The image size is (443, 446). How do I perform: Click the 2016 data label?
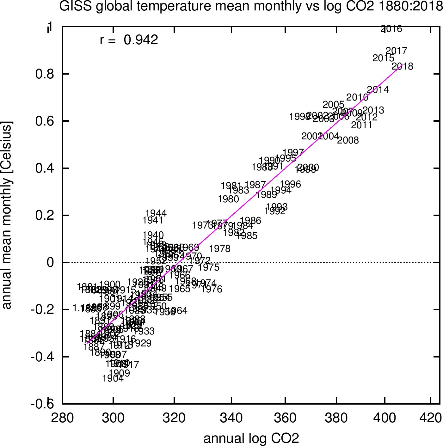pyautogui.click(x=391, y=29)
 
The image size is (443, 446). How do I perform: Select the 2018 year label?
pyautogui.click(x=403, y=66)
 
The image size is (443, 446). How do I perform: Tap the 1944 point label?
pyautogui.click(x=156, y=213)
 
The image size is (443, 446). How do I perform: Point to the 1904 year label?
pyautogui.click(x=113, y=378)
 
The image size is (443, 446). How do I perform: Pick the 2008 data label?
pyautogui.click(x=348, y=140)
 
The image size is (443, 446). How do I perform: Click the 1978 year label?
pyautogui.click(x=220, y=249)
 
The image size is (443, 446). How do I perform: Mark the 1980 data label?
pyautogui.click(x=228, y=199)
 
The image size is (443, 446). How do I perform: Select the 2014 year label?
pyautogui.click(x=378, y=90)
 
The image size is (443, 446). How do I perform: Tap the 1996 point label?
pyautogui.click(x=290, y=184)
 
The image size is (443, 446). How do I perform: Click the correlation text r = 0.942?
pyautogui.click(x=129, y=40)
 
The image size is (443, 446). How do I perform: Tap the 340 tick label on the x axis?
pyautogui.click(x=231, y=418)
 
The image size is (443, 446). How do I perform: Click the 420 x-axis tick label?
pyautogui.click(x=430, y=418)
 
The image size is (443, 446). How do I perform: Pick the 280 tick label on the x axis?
pyautogui.click(x=63, y=418)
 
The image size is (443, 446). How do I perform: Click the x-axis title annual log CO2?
pyautogui.click(x=251, y=439)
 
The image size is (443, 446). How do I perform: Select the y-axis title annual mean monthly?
pyautogui.click(x=7, y=215)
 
